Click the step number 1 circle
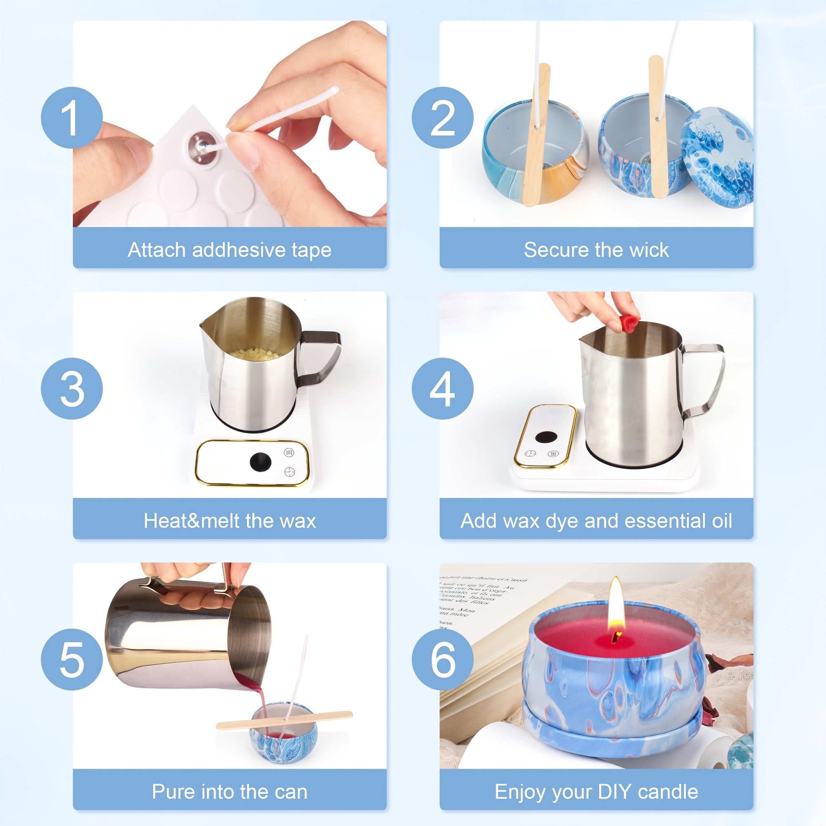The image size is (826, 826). tap(72, 118)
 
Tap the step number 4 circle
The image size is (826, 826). tap(442, 389)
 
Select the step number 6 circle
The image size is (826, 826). tap(442, 660)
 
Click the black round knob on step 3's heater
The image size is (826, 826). tap(260, 462)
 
